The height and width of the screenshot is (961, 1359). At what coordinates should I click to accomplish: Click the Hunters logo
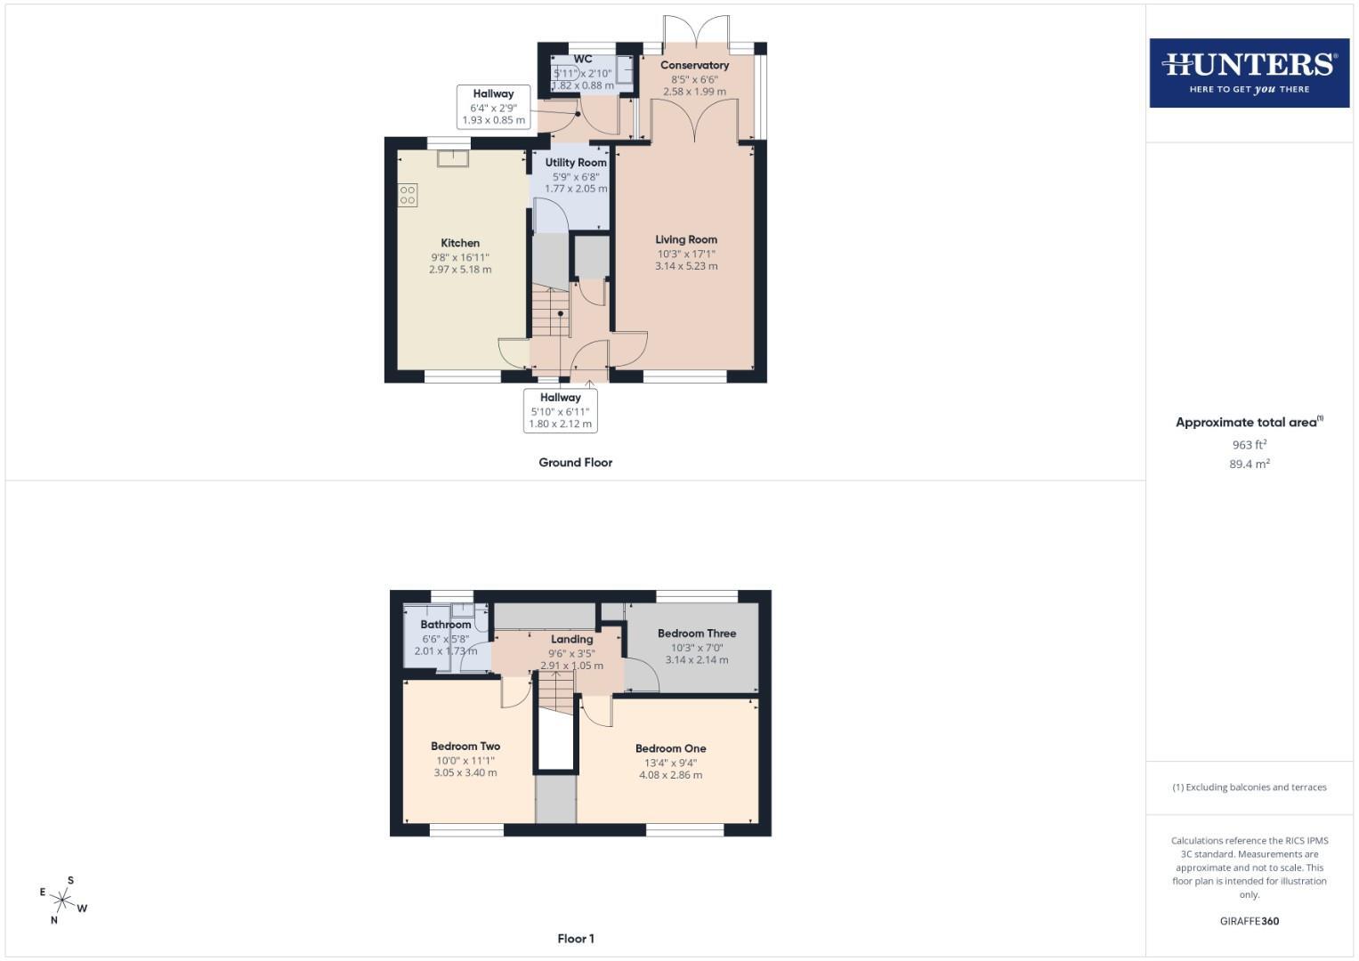[1250, 73]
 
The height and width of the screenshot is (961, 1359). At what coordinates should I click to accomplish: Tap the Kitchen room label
[460, 243]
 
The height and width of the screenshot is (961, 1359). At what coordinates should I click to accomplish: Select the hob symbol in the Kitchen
[408, 196]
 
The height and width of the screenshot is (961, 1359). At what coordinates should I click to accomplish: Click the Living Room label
[686, 239]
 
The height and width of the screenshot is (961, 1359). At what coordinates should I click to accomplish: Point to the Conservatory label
[695, 65]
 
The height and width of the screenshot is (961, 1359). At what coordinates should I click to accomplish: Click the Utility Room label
[576, 163]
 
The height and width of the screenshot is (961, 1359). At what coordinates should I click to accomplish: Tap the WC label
[583, 59]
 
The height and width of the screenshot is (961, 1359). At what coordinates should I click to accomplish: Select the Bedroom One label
[670, 748]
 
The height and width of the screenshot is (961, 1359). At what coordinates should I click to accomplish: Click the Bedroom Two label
[465, 747]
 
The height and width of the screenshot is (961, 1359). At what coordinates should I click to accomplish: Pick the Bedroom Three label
[697, 634]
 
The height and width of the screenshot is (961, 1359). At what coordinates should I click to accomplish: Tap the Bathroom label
[446, 625]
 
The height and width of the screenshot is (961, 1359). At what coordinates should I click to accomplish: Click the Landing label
[572, 640]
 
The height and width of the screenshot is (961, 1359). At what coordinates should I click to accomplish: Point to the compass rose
[62, 900]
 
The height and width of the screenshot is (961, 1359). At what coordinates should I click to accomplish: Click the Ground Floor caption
[576, 463]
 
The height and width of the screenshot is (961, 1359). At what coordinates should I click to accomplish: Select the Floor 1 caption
[576, 939]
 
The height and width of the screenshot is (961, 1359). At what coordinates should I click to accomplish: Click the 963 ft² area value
[1250, 444]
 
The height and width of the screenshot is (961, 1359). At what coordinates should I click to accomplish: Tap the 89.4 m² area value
[1250, 464]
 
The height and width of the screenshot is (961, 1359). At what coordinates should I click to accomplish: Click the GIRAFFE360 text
[1250, 921]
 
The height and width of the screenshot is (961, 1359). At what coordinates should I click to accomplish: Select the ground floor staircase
[551, 312]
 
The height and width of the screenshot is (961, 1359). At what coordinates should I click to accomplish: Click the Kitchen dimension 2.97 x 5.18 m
[460, 270]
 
